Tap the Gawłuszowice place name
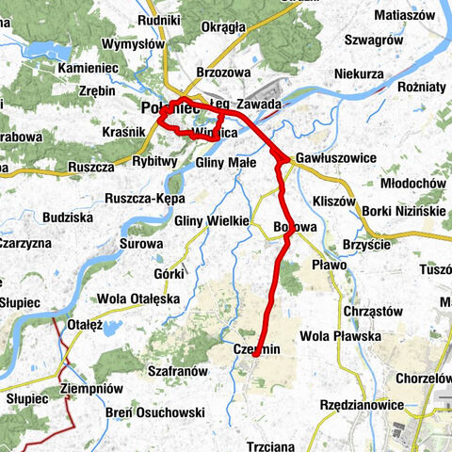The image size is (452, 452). (x=335, y=158)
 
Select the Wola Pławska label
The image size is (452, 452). (x=340, y=335)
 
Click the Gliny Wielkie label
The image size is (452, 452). (x=211, y=220)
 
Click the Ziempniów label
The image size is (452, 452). (x=90, y=388)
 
